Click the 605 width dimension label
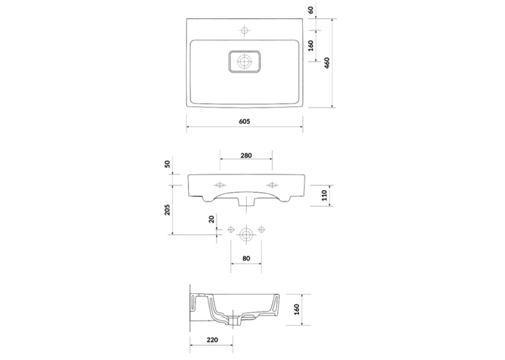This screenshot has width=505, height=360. pyautogui.click(x=244, y=121)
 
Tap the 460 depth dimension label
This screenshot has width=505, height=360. pyautogui.click(x=327, y=63)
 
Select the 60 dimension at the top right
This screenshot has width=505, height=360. pyautogui.click(x=311, y=10)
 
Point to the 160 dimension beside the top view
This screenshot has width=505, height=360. pyautogui.click(x=311, y=46)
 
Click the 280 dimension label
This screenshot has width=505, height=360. pyautogui.click(x=246, y=155)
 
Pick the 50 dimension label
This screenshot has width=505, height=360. pyautogui.click(x=168, y=164)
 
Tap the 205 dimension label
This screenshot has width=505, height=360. pyautogui.click(x=168, y=210)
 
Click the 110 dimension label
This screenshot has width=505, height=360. pyautogui.click(x=324, y=196)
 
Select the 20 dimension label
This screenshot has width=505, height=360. pyautogui.click(x=212, y=219)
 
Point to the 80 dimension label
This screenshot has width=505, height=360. pyautogui.click(x=246, y=258)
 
